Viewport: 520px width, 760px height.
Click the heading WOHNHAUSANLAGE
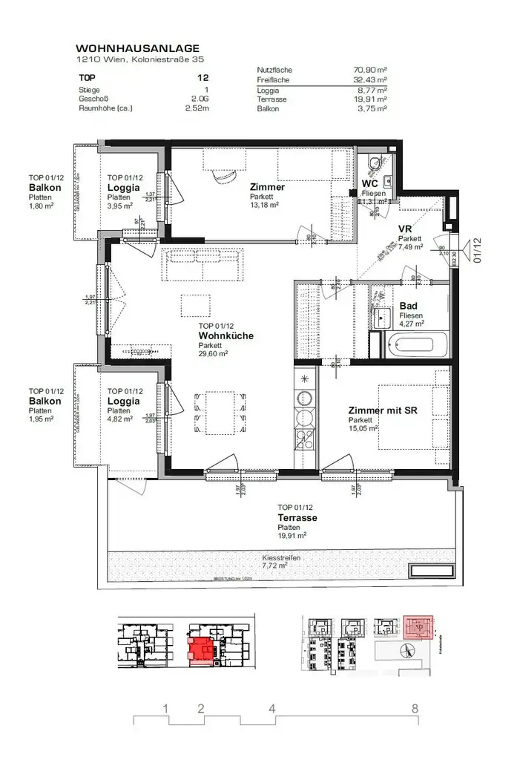[x=139, y=47]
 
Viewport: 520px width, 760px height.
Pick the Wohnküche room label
[x=226, y=335]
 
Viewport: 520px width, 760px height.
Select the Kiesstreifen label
[x=281, y=557]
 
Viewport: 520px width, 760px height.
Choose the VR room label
[x=406, y=229]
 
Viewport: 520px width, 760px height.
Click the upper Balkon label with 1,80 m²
[x=45, y=188]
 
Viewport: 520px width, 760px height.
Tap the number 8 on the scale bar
[x=414, y=708]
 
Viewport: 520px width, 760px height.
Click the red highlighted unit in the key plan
[x=200, y=651]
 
